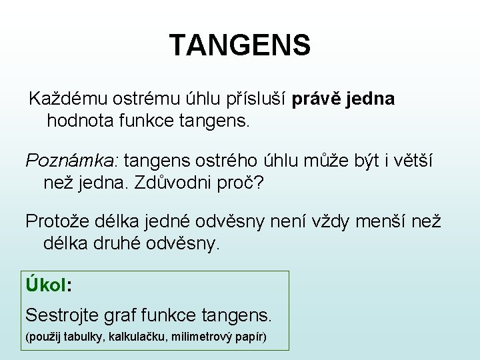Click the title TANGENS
point(239,45)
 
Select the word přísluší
point(257,99)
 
